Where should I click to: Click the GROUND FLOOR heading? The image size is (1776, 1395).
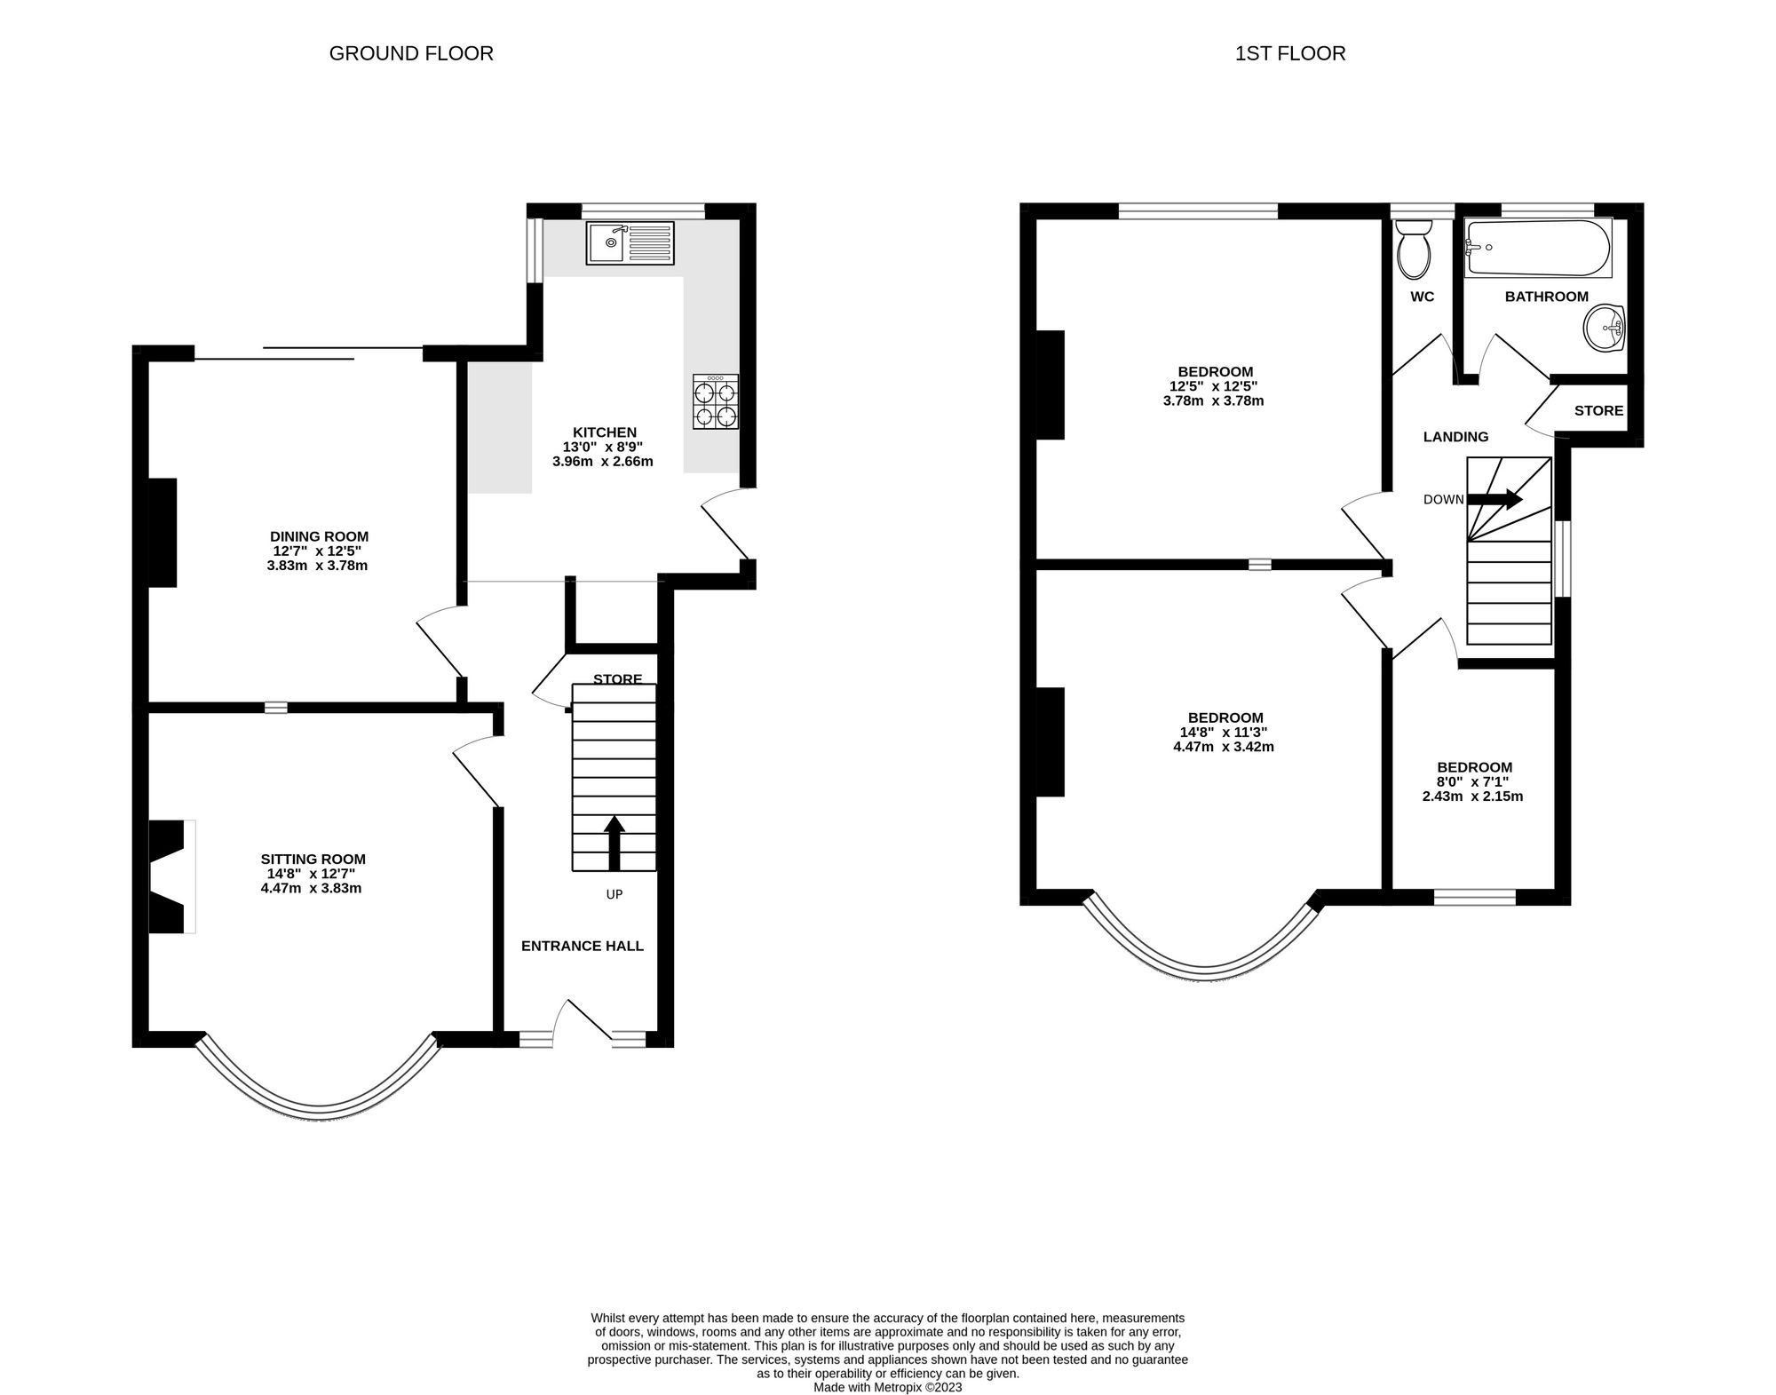(411, 53)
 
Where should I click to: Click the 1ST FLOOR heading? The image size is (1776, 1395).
(1290, 53)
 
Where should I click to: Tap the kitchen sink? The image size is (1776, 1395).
(630, 242)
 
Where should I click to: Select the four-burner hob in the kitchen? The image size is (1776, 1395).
(716, 403)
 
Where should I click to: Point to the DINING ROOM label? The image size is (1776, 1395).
(319, 536)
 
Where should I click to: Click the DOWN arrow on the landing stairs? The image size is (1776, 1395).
(1495, 499)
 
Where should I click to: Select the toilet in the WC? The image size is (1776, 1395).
(1414, 250)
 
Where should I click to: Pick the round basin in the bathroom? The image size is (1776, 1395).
(1606, 328)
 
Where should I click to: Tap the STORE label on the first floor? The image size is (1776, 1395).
(1598, 410)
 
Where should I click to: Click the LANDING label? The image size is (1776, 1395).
(1455, 436)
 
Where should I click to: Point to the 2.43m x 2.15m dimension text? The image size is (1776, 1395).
(1472, 797)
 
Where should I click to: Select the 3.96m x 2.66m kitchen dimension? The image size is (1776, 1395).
(602, 462)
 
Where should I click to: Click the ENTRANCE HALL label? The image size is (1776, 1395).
(582, 946)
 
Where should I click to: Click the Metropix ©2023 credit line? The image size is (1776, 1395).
(887, 1386)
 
